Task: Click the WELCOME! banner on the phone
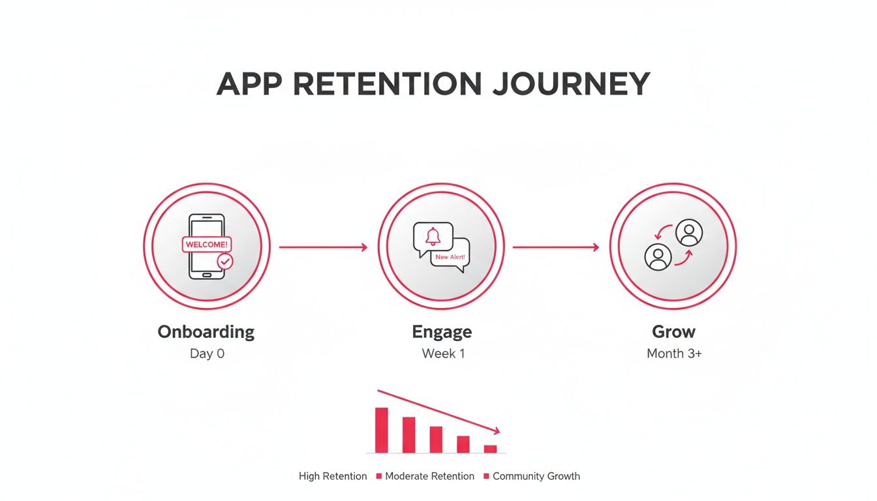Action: point(207,245)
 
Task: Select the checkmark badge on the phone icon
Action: point(225,261)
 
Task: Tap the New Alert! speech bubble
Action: point(450,258)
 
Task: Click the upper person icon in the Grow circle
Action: point(688,233)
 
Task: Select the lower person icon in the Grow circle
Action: point(658,257)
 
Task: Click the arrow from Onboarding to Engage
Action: point(323,247)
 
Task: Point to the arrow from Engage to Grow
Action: point(555,247)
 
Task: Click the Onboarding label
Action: point(206,332)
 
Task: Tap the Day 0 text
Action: point(208,354)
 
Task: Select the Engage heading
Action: point(442,332)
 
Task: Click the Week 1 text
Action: point(443,354)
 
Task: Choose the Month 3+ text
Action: point(674,354)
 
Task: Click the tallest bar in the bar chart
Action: point(382,430)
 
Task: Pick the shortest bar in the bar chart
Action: point(490,449)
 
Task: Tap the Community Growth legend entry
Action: point(536,476)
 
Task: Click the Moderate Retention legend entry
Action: point(429,476)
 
